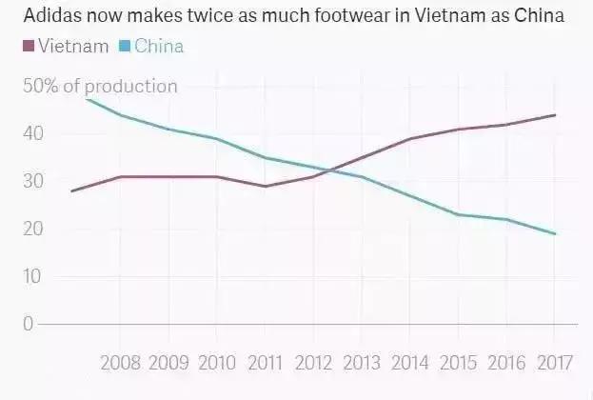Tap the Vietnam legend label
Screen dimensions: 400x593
click(x=72, y=46)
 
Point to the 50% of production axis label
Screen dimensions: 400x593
click(x=100, y=87)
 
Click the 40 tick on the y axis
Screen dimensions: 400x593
click(x=34, y=134)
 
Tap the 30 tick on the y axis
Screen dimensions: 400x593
click(x=34, y=182)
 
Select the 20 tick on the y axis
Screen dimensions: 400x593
click(x=34, y=230)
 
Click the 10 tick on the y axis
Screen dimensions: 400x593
click(x=34, y=277)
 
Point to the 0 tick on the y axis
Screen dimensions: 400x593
click(x=29, y=325)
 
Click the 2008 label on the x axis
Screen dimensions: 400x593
click(x=120, y=363)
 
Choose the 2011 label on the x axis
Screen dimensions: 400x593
click(x=265, y=363)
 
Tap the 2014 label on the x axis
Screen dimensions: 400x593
click(x=409, y=363)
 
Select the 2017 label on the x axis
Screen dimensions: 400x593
click(x=554, y=363)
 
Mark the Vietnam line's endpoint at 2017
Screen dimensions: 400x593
click(x=555, y=115)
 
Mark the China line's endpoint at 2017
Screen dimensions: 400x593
click(x=555, y=233)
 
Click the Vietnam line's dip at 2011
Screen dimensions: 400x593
click(x=265, y=186)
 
